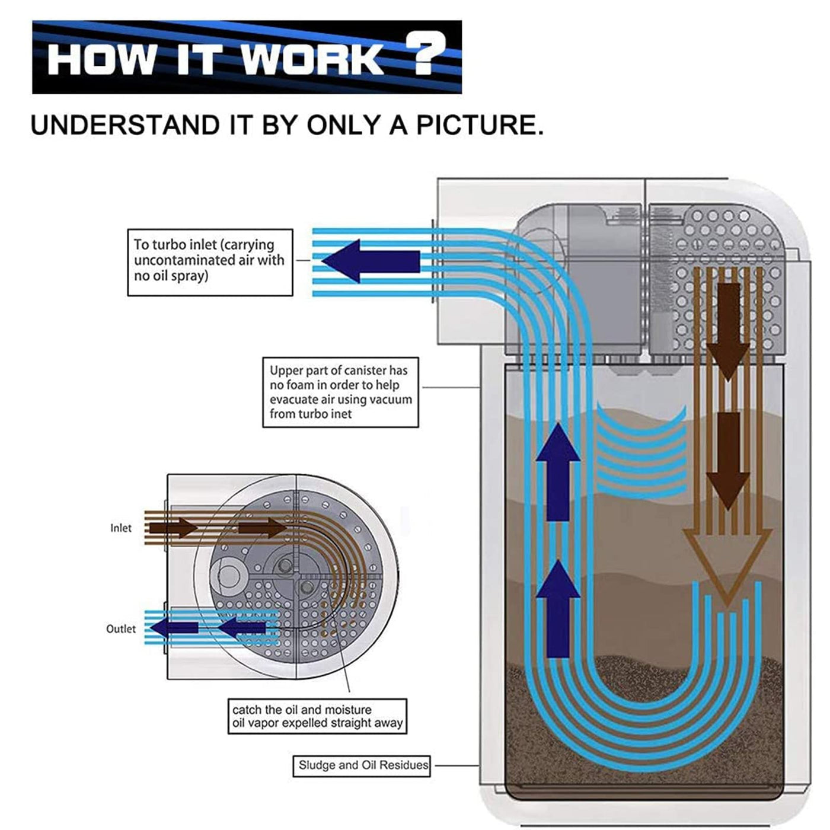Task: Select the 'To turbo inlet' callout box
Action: (x=210, y=261)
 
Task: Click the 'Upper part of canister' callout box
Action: (x=340, y=392)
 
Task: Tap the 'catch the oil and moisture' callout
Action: (x=317, y=716)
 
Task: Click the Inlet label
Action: (x=120, y=528)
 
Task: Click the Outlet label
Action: (x=120, y=629)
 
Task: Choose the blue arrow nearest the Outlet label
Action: (x=174, y=628)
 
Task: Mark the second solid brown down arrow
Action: (x=728, y=459)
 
